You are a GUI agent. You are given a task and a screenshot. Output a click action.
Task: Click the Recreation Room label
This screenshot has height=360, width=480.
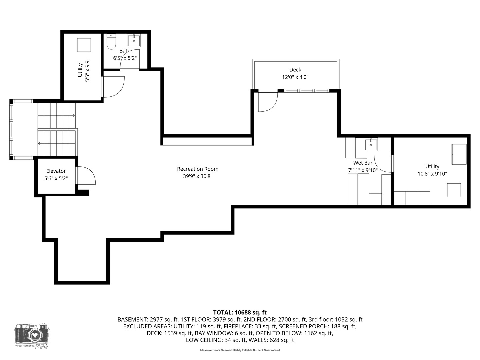(x=198, y=169)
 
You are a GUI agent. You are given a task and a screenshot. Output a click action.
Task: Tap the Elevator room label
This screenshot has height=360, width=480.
(x=56, y=171)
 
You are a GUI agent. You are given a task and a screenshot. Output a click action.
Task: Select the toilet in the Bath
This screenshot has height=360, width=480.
(x=111, y=42)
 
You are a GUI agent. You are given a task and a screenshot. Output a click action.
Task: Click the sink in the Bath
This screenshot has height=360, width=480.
(x=134, y=40)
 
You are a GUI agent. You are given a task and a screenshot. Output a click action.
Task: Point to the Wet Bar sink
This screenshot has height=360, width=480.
(x=371, y=144)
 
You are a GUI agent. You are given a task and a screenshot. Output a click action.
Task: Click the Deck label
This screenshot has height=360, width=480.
(x=295, y=70)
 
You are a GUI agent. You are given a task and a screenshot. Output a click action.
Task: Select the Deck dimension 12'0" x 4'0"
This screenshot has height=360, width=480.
(x=295, y=77)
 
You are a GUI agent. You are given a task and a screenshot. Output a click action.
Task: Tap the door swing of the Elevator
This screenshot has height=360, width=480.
(x=87, y=176)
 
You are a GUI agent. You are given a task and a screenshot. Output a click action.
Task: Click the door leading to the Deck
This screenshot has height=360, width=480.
(x=268, y=101)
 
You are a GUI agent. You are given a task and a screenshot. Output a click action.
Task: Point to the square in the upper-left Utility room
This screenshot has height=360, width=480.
(x=84, y=45)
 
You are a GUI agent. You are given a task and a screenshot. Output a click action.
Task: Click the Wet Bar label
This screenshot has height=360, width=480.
(x=363, y=163)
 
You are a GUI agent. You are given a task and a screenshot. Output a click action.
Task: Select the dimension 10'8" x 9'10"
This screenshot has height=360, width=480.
(x=432, y=174)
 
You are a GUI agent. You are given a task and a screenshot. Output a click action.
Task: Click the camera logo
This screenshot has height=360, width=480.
(x=32, y=334)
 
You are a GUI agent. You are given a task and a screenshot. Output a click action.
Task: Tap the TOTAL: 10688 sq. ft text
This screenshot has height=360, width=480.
(x=240, y=312)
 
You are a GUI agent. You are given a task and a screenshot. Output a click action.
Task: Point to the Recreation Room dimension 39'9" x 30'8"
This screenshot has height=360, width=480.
(x=198, y=176)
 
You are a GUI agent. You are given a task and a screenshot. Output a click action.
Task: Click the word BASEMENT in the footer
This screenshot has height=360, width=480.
(x=131, y=319)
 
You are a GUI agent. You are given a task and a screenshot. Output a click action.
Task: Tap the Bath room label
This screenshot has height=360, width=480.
(x=125, y=51)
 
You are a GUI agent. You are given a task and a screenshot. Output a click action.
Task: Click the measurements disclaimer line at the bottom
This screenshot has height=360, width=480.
(x=240, y=350)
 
